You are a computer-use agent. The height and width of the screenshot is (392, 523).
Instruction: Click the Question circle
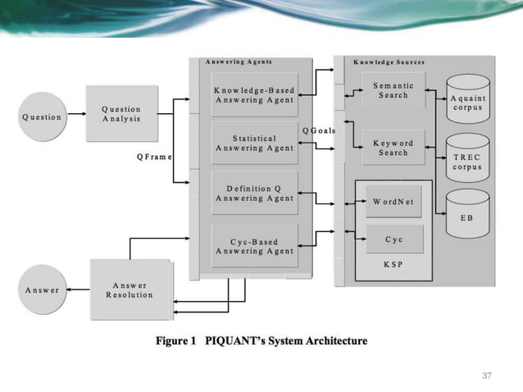click(42, 116)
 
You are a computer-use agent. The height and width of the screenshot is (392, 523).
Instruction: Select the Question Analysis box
click(121, 113)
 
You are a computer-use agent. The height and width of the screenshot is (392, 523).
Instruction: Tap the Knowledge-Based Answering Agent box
click(254, 95)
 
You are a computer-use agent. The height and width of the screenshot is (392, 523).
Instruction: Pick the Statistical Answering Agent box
click(254, 144)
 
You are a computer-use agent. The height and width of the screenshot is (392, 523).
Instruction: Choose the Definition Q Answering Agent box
click(254, 194)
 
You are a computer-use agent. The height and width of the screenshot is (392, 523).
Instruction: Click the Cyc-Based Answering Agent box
click(254, 246)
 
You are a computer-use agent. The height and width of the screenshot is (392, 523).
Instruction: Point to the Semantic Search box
click(393, 90)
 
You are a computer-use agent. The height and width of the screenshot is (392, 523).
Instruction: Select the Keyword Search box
click(393, 148)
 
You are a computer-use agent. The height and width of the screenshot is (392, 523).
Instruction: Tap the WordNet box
click(393, 201)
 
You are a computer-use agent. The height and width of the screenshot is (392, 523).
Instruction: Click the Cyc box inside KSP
click(393, 239)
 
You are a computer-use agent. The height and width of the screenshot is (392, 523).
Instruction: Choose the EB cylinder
click(466, 215)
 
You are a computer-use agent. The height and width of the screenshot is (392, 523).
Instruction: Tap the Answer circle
click(42, 289)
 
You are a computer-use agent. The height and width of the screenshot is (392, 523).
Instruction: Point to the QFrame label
click(154, 157)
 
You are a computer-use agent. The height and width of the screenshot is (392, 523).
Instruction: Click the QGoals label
click(319, 131)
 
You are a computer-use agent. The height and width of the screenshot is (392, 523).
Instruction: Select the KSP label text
click(393, 265)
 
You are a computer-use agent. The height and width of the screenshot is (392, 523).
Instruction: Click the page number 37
click(487, 375)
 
